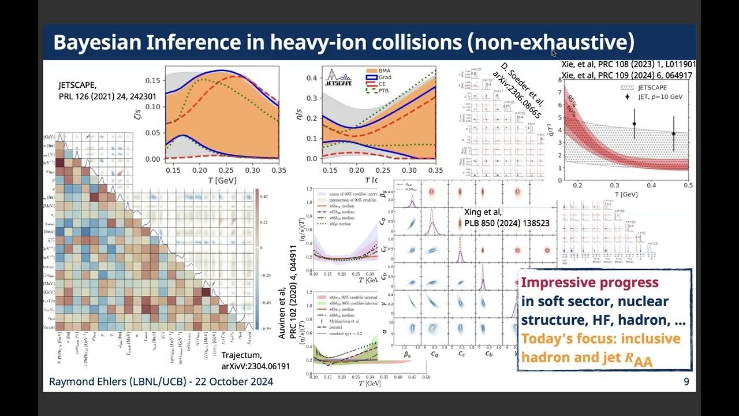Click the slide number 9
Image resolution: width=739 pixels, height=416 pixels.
[686, 381]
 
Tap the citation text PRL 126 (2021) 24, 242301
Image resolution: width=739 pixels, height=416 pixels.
[107, 96]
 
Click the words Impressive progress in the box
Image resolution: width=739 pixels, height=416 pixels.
[589, 283]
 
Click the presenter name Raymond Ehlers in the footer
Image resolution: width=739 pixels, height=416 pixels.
[84, 381]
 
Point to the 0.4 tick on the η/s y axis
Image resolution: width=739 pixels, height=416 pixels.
[311, 77]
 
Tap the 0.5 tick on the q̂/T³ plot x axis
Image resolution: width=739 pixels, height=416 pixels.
[687, 185]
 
